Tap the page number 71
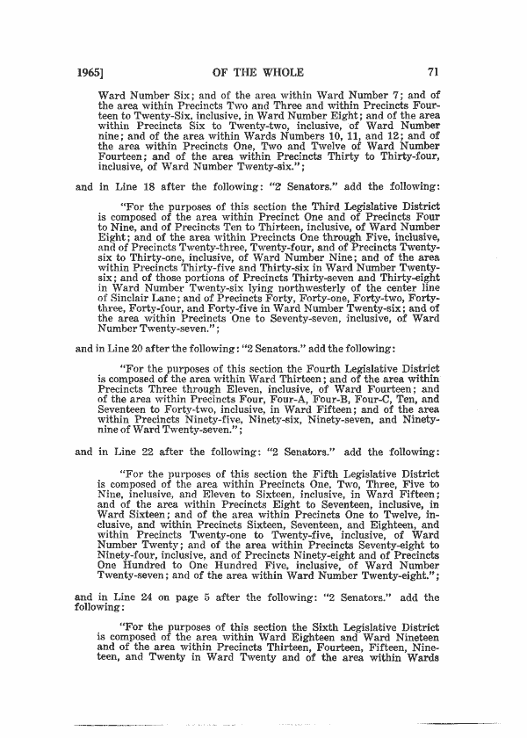tap(431, 73)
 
